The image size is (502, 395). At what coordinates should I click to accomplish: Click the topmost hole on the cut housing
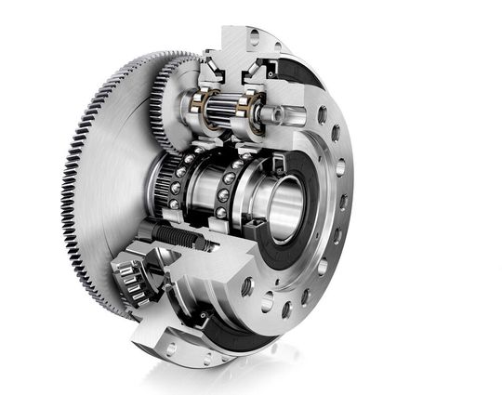tap(254, 37)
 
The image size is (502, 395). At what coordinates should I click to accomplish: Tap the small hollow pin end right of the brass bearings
tap(275, 113)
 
